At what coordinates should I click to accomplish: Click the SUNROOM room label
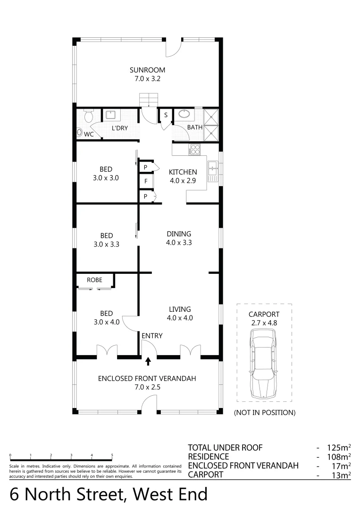148,70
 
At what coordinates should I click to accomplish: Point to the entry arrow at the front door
148,361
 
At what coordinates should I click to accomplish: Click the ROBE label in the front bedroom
94,280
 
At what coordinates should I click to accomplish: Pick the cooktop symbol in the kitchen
194,150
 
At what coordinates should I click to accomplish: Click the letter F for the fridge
146,181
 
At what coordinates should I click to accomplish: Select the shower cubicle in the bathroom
211,124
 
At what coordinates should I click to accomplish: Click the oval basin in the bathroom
183,114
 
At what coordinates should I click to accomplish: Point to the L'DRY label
120,128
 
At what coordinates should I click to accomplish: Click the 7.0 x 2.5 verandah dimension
147,387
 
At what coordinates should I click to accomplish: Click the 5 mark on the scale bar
112,456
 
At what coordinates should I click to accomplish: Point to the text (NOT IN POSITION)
265,413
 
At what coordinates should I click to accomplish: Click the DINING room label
179,234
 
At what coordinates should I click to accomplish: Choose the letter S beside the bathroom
166,115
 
